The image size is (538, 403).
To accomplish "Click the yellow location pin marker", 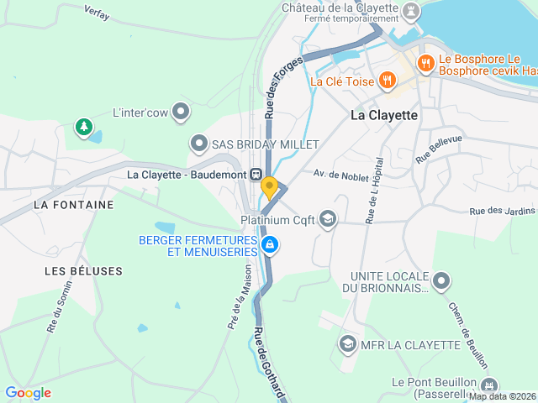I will (x=269, y=187).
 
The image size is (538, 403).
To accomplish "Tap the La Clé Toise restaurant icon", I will (x=387, y=81).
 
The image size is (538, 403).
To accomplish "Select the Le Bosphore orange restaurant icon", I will (x=425, y=61).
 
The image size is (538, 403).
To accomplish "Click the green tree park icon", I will (x=83, y=127).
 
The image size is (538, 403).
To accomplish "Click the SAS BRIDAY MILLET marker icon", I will (x=198, y=144).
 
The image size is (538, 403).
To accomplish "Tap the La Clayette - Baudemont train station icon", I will (x=255, y=174).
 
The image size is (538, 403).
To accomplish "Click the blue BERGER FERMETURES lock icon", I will (x=270, y=245).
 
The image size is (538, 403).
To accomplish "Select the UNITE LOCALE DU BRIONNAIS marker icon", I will (x=442, y=280).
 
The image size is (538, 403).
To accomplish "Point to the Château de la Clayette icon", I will (x=410, y=10).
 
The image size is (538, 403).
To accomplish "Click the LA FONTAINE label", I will (x=73, y=204).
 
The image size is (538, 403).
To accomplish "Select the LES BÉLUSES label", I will (x=83, y=271).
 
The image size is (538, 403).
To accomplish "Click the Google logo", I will (x=28, y=392).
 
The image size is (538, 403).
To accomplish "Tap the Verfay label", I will (x=97, y=12).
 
